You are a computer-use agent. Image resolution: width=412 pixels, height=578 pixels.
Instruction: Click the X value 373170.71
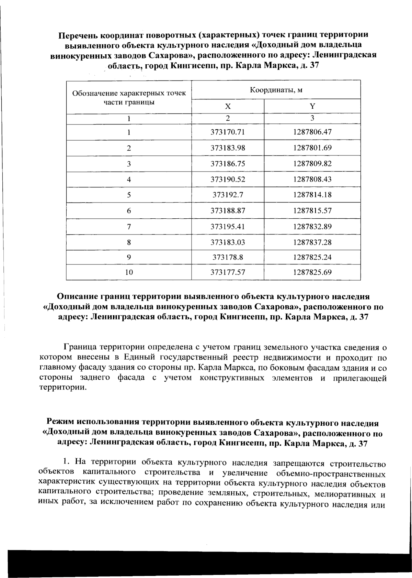coord(228,132)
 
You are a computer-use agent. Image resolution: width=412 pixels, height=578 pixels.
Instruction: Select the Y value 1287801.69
coord(312,148)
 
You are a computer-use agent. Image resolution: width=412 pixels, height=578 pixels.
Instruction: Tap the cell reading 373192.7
coord(228,195)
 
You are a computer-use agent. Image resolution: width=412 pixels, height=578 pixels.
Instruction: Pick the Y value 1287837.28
coord(312,242)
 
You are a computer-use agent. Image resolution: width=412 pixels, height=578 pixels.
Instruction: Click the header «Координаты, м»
coord(276,90)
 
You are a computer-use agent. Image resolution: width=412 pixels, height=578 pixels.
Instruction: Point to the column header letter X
coord(228,106)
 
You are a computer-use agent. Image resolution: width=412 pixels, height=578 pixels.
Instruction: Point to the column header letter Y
coord(312,106)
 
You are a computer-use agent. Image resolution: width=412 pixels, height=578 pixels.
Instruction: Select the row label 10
coord(129,273)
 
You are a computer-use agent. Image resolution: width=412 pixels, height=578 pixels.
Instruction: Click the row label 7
coord(129,227)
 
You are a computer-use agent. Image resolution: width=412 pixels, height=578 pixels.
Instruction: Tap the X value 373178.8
coord(228,257)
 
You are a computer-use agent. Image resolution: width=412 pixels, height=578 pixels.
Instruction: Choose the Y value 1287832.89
coord(312,227)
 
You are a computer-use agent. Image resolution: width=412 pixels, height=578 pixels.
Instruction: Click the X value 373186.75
coord(228,164)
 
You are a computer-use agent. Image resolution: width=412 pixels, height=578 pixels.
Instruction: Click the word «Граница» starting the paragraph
coord(80,347)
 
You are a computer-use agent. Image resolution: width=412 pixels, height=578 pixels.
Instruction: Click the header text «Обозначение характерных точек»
coord(129,94)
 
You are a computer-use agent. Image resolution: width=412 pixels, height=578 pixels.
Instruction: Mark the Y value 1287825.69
coord(312,273)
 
